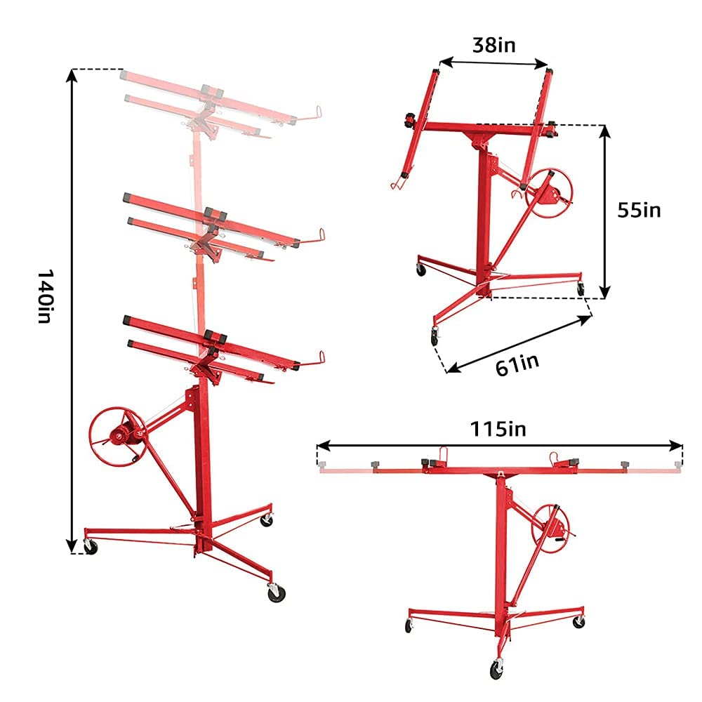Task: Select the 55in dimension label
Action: [639, 209]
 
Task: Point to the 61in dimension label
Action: [517, 364]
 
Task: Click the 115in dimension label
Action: [499, 428]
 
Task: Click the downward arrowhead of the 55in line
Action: [604, 293]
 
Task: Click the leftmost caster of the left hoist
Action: [91, 546]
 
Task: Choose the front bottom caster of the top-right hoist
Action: [435, 336]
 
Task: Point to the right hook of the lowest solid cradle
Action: [322, 358]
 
